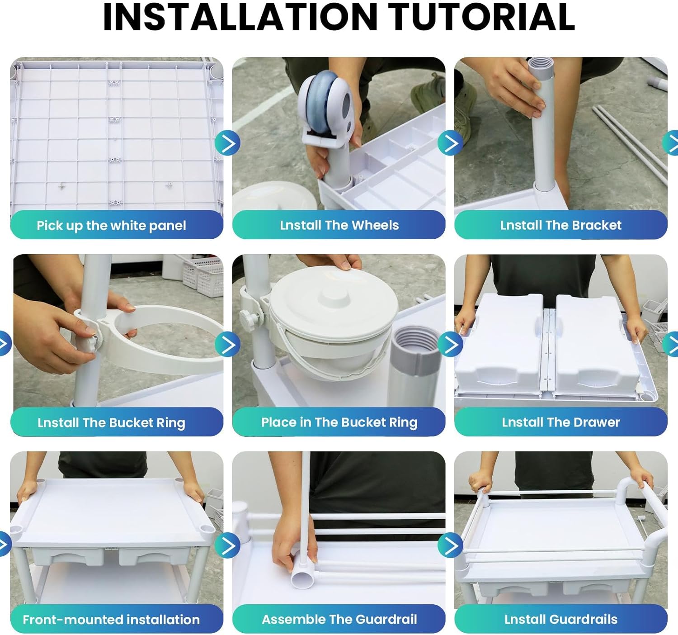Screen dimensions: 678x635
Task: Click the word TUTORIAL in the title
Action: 481,17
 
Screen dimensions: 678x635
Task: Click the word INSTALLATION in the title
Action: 240,17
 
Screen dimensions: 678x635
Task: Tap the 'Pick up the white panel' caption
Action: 111,226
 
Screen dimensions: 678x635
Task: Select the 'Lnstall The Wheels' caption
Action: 339,225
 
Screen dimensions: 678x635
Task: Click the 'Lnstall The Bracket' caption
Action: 561,225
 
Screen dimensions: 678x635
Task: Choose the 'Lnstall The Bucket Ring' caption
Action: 111,423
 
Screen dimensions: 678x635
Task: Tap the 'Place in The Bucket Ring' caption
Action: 339,422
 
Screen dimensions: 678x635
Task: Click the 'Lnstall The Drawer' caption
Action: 561,422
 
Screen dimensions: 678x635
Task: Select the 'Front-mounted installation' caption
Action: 111,620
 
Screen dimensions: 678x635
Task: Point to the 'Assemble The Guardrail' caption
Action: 339,619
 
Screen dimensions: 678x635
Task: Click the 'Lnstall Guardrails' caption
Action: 561,619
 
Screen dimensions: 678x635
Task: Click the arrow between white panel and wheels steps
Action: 227,143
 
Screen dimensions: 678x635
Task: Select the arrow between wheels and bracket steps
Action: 450,143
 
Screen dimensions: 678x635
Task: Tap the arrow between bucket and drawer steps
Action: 450,344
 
